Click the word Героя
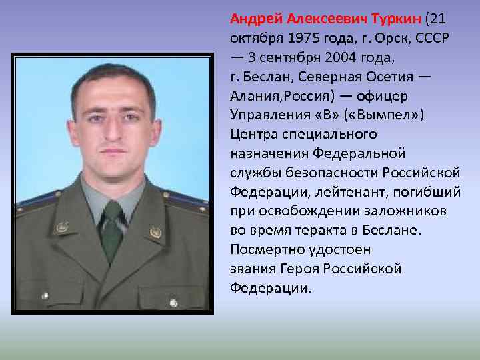(317, 269)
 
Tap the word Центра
(253, 134)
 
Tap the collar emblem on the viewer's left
(61, 227)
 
